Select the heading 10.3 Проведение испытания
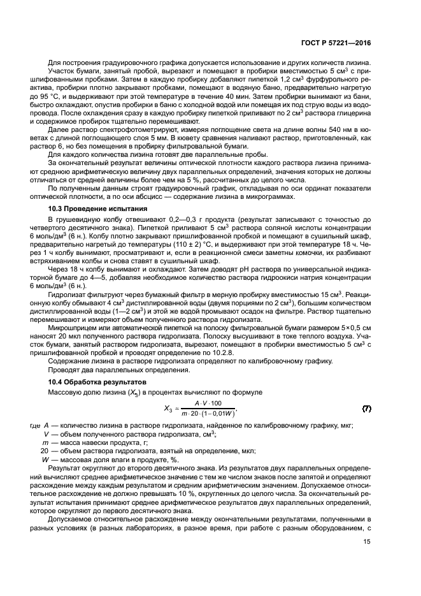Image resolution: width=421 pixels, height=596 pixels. pyautogui.click(x=90, y=208)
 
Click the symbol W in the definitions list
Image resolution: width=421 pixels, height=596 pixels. pyautogui.click(x=45, y=459)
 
